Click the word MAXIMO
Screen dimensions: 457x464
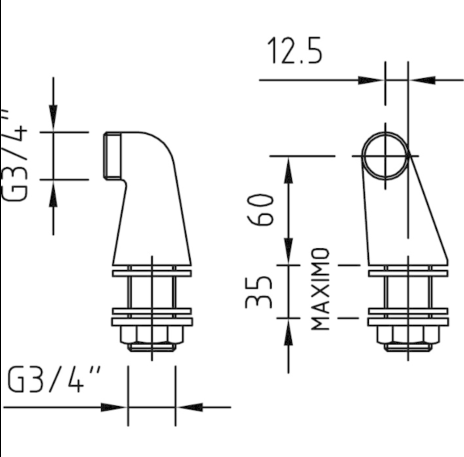click(x=320, y=289)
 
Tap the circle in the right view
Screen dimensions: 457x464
click(x=385, y=155)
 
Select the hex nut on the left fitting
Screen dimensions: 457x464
click(x=152, y=335)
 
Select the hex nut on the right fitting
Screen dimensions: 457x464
click(x=408, y=335)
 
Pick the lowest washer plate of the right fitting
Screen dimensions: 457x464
click(x=408, y=322)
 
